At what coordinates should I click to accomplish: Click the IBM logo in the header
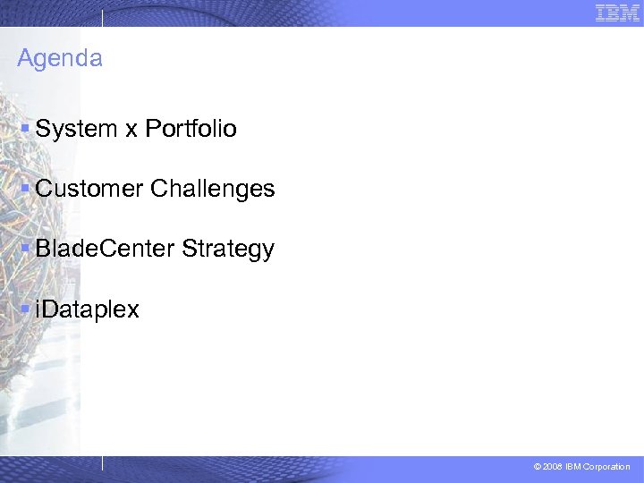[x=617, y=13]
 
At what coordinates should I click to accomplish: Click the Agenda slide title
[x=60, y=59]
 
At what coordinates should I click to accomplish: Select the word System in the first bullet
[x=76, y=129]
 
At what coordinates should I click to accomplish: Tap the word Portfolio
[x=191, y=129]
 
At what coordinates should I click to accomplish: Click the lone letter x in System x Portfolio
[x=131, y=130]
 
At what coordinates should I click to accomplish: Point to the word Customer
[x=89, y=189]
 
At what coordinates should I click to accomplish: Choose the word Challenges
[x=213, y=189]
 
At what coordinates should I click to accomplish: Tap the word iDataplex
[x=87, y=309]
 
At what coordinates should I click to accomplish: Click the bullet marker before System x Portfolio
[x=25, y=129]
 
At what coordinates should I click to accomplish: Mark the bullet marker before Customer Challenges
[x=25, y=189]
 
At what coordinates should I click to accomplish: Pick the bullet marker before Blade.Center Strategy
[x=25, y=249]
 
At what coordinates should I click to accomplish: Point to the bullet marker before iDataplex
[x=25, y=309]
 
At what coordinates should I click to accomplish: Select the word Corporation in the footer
[x=606, y=467]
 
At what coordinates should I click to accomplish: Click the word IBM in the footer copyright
[x=573, y=467]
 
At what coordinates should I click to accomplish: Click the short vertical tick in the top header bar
[x=102, y=18]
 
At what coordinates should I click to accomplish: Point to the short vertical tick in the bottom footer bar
[x=102, y=463]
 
